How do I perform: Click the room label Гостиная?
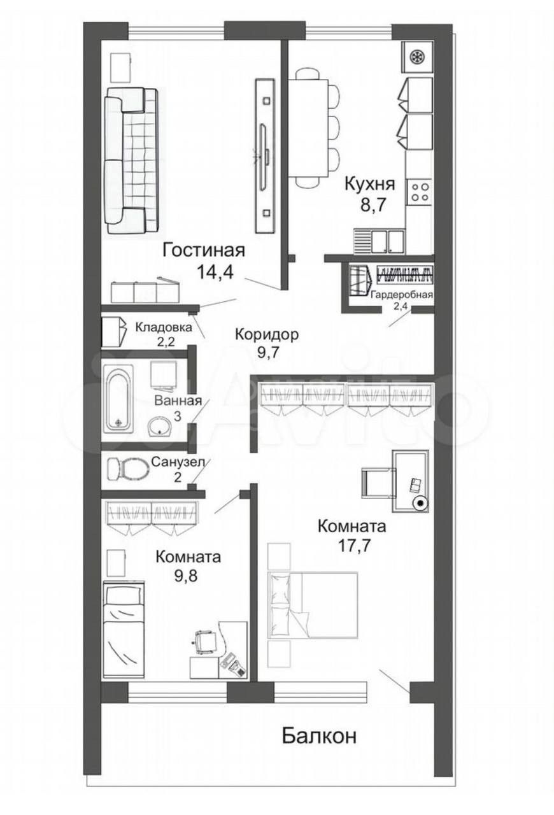(x=204, y=251)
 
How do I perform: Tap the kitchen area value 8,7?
(x=373, y=205)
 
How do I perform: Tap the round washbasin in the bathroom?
(x=160, y=426)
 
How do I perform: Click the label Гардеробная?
(x=401, y=294)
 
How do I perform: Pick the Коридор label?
(x=266, y=334)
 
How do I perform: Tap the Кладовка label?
(x=164, y=327)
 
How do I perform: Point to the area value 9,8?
(x=186, y=576)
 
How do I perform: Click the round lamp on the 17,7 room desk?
(x=420, y=504)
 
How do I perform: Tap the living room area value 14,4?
(x=215, y=271)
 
